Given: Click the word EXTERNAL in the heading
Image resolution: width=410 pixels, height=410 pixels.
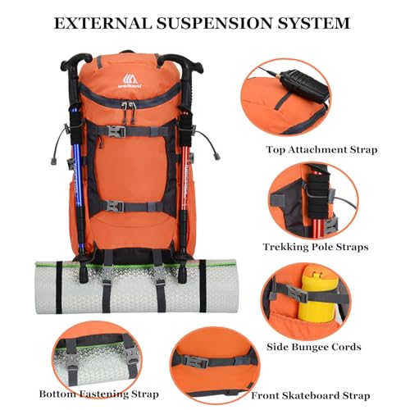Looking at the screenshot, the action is pyautogui.click(x=102, y=23).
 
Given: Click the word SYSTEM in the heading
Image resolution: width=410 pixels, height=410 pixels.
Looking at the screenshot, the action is pyautogui.click(x=313, y=23).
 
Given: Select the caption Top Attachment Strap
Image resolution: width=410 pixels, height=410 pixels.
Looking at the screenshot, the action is pyautogui.click(x=321, y=150).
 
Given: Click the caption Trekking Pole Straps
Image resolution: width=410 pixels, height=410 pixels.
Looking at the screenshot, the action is pyautogui.click(x=316, y=247).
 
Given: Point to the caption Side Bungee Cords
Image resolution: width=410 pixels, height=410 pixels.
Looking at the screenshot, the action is pyautogui.click(x=314, y=347).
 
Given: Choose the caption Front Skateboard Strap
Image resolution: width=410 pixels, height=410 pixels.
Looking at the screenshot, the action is pyautogui.click(x=311, y=395).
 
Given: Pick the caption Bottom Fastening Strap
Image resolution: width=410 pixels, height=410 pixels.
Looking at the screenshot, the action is pyautogui.click(x=98, y=394).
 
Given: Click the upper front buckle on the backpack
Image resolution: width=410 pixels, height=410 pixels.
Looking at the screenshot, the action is pyautogui.click(x=117, y=131).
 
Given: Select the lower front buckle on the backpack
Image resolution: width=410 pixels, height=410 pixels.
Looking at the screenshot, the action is pyautogui.click(x=114, y=206).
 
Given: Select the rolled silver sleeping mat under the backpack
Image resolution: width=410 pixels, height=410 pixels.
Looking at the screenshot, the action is pyautogui.click(x=135, y=287).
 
